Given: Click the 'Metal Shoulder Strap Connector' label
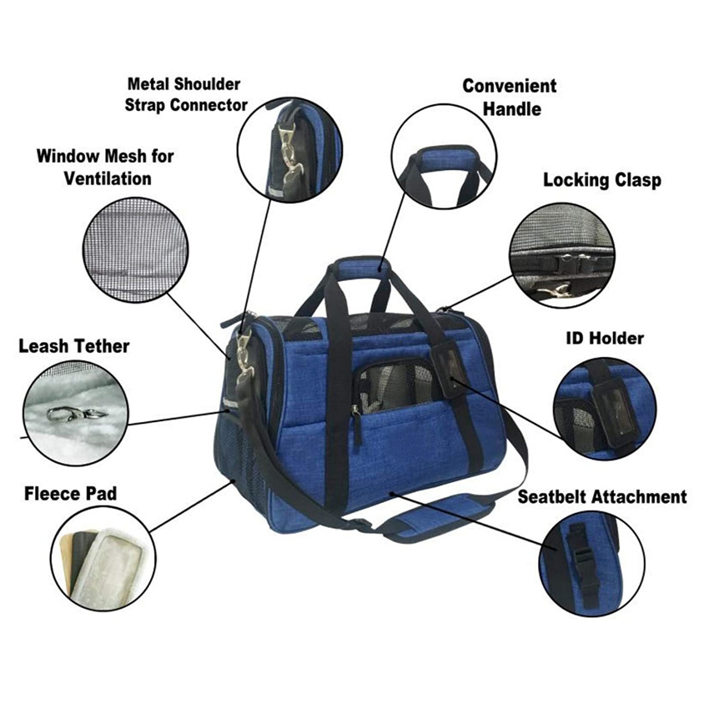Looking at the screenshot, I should [185, 94].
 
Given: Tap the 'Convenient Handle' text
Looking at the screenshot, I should [509, 98].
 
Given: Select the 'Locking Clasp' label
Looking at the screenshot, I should [601, 180].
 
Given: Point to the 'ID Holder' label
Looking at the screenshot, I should [605, 339].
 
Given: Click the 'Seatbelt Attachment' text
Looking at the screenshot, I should [601, 497].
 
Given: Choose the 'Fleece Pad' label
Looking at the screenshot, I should [70, 494].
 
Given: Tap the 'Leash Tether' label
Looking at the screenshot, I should [73, 345].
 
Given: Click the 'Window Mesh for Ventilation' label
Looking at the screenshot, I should [105, 167].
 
